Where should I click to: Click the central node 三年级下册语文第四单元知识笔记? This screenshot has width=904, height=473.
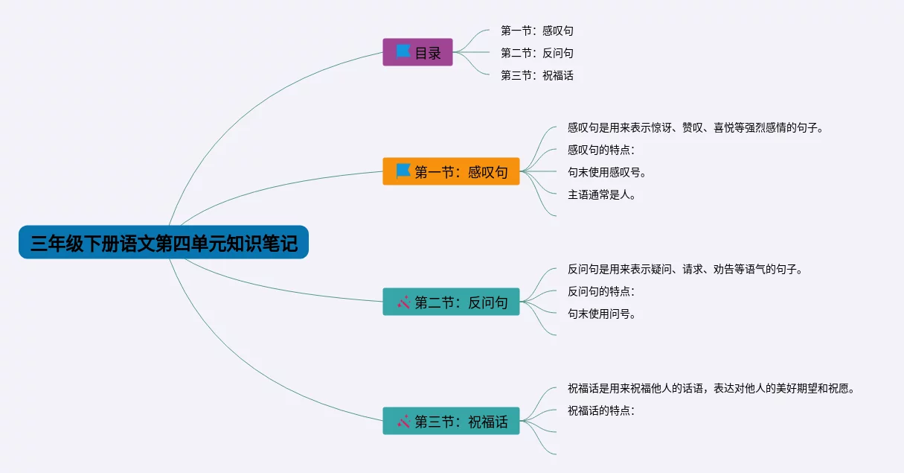point(164,243)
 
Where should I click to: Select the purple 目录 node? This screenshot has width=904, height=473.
point(417,52)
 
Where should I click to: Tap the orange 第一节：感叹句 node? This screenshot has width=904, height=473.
point(451,171)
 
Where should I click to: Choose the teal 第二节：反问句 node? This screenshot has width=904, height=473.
point(451,302)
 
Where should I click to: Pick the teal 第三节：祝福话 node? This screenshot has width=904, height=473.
point(451,421)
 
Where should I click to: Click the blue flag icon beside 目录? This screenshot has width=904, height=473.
point(403,51)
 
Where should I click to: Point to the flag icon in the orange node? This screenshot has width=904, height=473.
point(403,171)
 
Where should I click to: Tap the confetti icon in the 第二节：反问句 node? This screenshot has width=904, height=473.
point(404,302)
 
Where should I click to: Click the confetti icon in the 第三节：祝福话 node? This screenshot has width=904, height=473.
point(404,421)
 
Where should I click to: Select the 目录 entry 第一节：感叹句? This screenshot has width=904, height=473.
point(537,31)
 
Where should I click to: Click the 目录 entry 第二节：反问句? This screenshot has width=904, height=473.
point(537,53)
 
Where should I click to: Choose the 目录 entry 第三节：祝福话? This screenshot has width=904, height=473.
point(537,75)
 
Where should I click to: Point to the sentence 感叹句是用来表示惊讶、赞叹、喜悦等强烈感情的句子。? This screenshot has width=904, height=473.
point(696,127)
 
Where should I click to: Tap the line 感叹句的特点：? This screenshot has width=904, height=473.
point(601,150)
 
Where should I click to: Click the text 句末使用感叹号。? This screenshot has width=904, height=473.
point(607,172)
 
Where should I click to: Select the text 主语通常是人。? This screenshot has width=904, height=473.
point(602,194)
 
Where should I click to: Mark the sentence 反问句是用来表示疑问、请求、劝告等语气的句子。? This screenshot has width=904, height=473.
point(685,269)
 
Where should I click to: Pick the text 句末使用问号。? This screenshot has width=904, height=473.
point(602,314)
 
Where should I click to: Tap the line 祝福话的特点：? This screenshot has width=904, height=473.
point(601,410)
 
